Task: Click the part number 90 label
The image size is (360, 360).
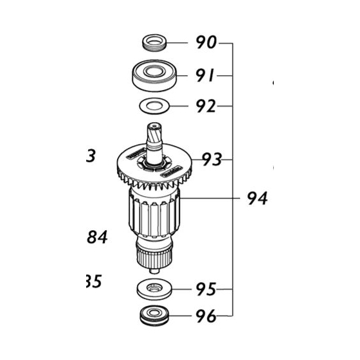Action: point(206,44)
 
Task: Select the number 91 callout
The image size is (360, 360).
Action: point(205,75)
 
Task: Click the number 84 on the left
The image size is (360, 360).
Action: point(96,239)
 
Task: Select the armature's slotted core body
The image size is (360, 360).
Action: point(155,216)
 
